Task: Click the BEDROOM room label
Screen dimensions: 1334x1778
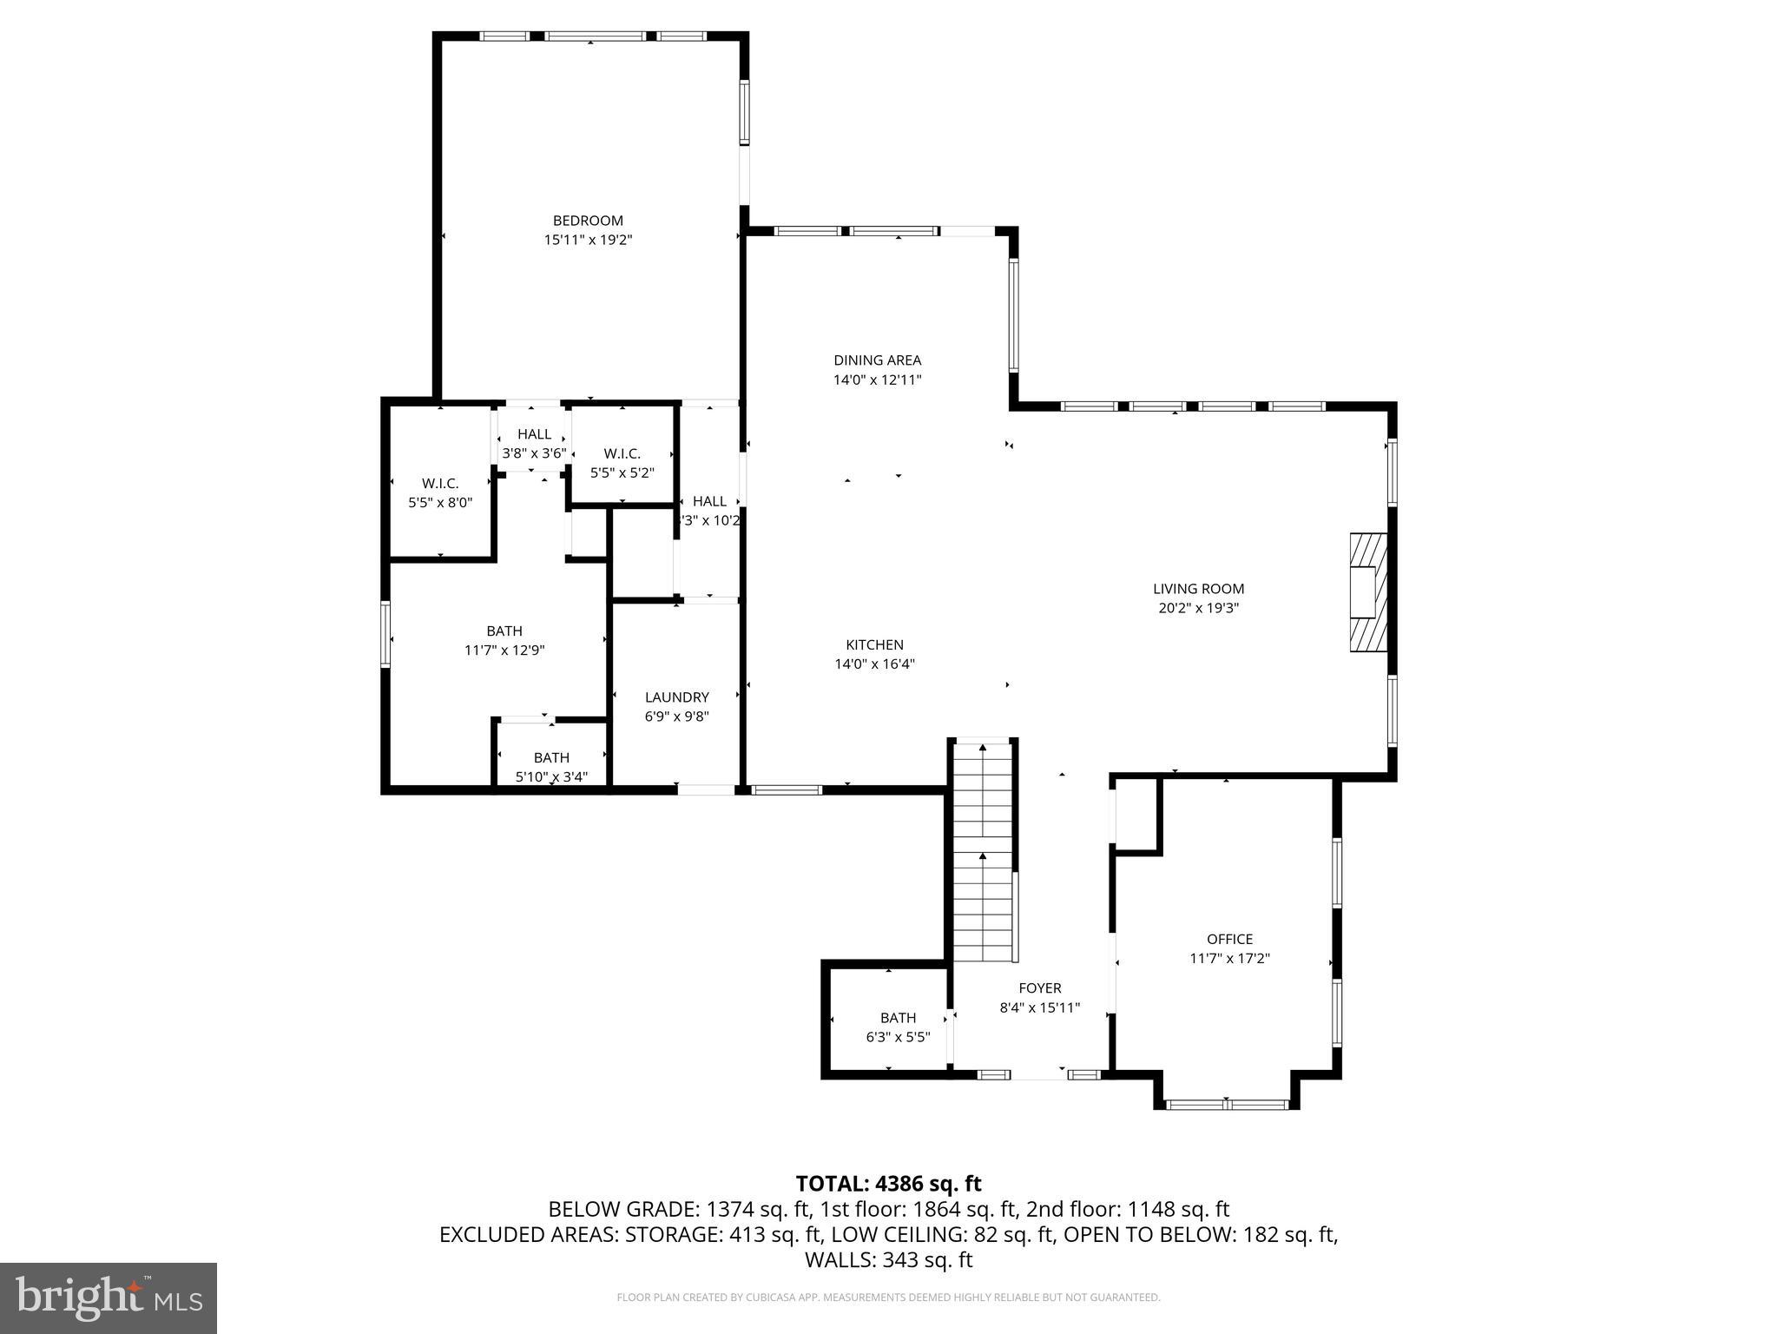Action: coord(588,221)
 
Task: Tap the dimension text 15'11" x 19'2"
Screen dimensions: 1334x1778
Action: coord(588,241)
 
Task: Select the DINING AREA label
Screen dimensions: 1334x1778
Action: coord(877,360)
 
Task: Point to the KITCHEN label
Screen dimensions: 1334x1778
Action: coord(874,644)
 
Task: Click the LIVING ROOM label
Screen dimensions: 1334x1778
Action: coord(1198,589)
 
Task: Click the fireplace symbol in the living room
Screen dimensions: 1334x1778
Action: coord(1367,592)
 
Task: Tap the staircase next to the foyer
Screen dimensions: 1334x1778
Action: coord(983,851)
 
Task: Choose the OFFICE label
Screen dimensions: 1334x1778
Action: coord(1229,939)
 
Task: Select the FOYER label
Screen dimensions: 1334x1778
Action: coord(1039,988)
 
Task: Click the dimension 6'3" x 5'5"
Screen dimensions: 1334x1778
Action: coord(898,1037)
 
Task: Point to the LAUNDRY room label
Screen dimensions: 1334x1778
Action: coord(676,697)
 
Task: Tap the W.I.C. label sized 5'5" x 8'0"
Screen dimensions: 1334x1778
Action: coord(440,484)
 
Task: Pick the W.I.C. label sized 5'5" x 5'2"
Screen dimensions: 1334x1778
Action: coord(622,453)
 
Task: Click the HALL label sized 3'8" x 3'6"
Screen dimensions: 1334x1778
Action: coord(534,434)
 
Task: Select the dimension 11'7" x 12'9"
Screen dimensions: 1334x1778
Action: coord(504,650)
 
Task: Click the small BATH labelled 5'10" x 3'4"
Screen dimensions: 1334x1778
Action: coord(551,758)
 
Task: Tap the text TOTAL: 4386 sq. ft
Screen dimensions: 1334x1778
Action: coord(888,1184)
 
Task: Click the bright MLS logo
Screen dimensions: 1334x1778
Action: coord(109,1298)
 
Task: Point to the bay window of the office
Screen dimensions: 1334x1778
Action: coord(1226,1104)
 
